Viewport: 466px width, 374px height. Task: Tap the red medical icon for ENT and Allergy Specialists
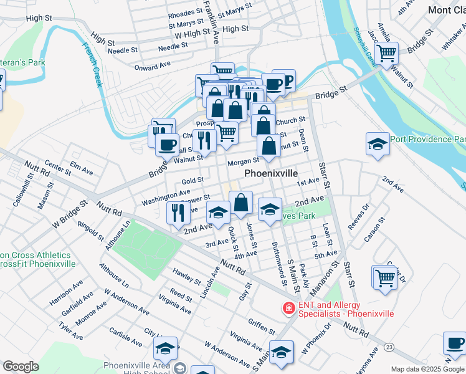pyautogui.click(x=288, y=308)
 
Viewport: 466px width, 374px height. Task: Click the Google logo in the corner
pyautogui.click(x=21, y=367)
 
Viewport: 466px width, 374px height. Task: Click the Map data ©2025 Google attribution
pyautogui.click(x=427, y=369)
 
